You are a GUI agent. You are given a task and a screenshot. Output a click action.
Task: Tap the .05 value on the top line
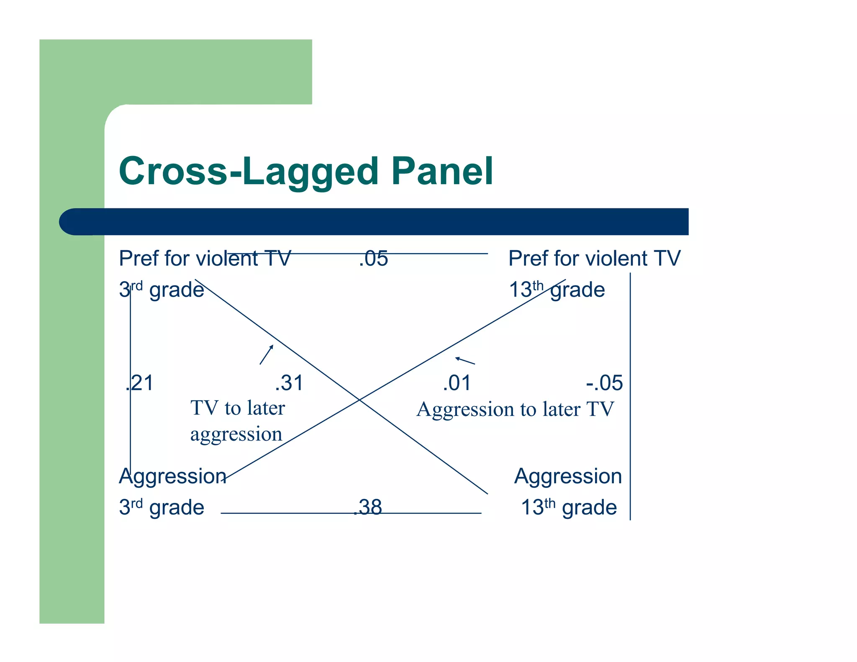click(x=373, y=259)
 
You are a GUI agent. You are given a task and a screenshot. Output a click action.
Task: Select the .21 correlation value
click(x=140, y=383)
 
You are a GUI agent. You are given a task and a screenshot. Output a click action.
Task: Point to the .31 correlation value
click(x=289, y=383)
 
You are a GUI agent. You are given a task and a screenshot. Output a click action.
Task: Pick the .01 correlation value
click(x=457, y=383)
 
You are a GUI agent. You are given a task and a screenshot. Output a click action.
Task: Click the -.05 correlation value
click(x=604, y=383)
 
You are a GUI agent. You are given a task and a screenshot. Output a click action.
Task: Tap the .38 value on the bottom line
click(x=368, y=507)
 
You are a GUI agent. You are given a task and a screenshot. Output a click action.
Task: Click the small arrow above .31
click(x=267, y=354)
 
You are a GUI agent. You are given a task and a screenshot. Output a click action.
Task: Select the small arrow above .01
click(x=465, y=360)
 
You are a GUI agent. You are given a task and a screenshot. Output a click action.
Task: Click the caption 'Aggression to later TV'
click(x=515, y=409)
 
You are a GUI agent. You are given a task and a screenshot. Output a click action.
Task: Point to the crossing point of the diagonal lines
click(x=359, y=400)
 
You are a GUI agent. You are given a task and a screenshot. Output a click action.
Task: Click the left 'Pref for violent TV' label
click(x=205, y=258)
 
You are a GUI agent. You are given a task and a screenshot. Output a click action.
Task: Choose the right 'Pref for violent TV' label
click(x=594, y=258)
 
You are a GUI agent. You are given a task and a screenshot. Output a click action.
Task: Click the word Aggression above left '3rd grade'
click(x=172, y=476)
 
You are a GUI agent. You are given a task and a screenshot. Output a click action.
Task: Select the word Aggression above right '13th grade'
click(x=568, y=476)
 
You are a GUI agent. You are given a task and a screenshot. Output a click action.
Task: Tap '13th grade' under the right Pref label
click(x=557, y=290)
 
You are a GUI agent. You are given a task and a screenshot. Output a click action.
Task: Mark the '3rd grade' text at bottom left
click(x=162, y=507)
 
